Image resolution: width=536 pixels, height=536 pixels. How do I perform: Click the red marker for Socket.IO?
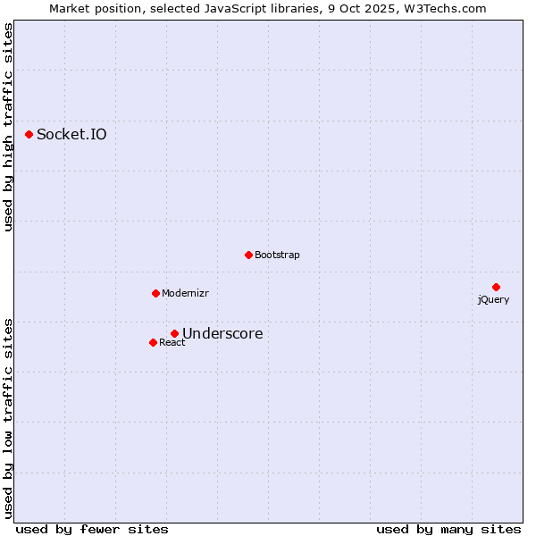pyautogui.click(x=29, y=134)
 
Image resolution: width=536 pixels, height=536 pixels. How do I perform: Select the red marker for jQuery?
pyautogui.click(x=496, y=287)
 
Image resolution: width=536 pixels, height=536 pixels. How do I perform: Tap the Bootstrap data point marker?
pyautogui.click(x=248, y=255)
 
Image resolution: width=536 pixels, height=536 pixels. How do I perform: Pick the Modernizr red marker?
pyautogui.click(x=155, y=293)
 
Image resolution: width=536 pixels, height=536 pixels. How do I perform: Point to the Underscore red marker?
pyautogui.click(x=174, y=334)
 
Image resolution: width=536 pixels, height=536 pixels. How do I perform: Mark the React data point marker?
pyautogui.click(x=153, y=342)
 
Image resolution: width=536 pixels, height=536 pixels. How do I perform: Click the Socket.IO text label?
pyautogui.click(x=71, y=135)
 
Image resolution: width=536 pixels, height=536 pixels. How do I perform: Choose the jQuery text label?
pyautogui.click(x=493, y=300)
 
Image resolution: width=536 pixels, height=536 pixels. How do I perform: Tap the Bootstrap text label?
pyautogui.click(x=277, y=255)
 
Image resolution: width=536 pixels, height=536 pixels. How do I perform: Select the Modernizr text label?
pyautogui.click(x=185, y=294)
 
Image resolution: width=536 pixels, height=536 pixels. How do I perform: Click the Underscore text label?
pyautogui.click(x=222, y=334)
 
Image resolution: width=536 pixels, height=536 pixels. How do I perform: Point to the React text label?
pyautogui.click(x=172, y=343)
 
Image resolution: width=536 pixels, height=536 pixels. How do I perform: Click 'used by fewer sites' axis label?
pyautogui.click(x=92, y=530)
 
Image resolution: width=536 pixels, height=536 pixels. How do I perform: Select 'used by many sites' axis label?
pyautogui.click(x=448, y=530)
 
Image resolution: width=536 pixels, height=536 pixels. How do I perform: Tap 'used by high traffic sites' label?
pyautogui.click(x=8, y=127)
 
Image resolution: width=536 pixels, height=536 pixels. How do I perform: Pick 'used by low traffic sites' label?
pyautogui.click(x=8, y=417)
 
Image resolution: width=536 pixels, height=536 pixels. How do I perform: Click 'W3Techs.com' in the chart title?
pyautogui.click(x=447, y=9)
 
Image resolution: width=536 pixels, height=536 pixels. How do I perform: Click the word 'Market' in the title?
pyautogui.click(x=70, y=9)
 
